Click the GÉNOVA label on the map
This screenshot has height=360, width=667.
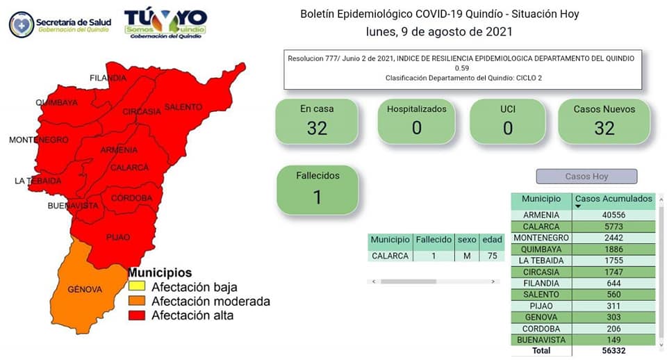[85, 289]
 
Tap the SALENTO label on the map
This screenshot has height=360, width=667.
[183, 107]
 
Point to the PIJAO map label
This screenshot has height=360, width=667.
[118, 237]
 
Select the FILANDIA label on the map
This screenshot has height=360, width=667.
[108, 78]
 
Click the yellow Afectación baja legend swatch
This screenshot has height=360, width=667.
[137, 286]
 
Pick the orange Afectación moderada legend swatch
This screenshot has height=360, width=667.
[137, 300]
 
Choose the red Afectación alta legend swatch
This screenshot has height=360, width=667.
[137, 315]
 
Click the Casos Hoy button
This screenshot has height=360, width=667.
[586, 176]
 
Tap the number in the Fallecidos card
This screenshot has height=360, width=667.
[318, 197]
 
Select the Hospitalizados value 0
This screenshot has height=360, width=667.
[417, 128]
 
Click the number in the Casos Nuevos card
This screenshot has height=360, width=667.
[604, 128]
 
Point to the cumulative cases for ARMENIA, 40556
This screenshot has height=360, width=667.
[614, 215]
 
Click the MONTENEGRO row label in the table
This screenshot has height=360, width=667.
[541, 238]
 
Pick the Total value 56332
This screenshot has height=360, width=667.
[614, 351]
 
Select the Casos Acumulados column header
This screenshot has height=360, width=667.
[614, 199]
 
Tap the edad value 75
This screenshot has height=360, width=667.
[492, 256]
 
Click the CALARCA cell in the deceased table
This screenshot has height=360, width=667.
[390, 256]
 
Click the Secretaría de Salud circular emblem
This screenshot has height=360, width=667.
[22, 25]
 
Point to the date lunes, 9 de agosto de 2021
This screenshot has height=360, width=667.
[439, 31]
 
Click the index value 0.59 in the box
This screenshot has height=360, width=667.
[462, 68]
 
